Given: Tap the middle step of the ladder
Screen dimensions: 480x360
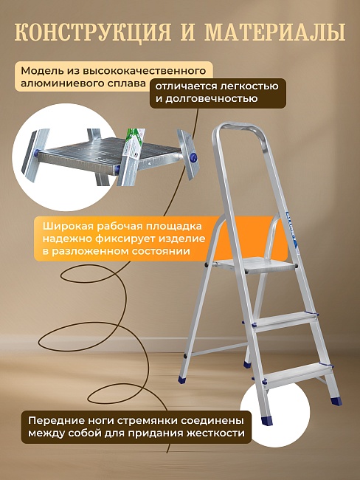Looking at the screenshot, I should tap(283, 319).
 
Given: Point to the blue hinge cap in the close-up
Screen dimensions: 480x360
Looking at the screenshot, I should tap(194, 157).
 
